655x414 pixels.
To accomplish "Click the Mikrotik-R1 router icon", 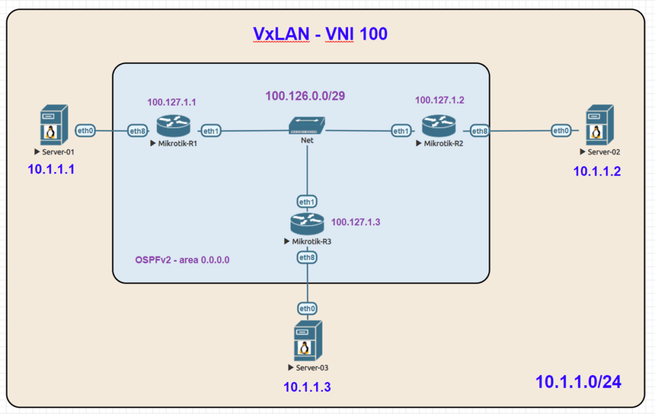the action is point(173,126).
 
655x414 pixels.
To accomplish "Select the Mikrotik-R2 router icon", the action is point(439,126).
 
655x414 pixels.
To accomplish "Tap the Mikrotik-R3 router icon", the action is point(307,224).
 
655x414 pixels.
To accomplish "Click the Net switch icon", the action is point(307,125).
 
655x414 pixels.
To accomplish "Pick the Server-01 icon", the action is point(54,125).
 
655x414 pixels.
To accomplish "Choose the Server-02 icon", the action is point(600,125).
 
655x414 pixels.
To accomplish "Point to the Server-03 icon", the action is point(308,340).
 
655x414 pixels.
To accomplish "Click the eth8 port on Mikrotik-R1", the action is point(138,131).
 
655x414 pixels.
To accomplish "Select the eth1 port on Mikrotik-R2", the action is point(401,131).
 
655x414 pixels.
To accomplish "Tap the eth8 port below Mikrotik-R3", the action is point(307,257).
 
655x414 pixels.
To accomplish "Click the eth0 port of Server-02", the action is point(561,131).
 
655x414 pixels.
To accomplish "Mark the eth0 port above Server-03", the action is point(307,308).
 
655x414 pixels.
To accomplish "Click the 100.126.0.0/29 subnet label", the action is point(305,96).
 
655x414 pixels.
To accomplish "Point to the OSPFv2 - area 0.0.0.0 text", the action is point(182,260).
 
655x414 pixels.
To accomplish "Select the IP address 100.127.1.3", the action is point(356,222).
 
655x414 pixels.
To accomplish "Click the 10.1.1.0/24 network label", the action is point(578,382).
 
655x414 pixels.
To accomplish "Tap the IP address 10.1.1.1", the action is point(51,169).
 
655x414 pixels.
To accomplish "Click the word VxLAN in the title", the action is point(281,34).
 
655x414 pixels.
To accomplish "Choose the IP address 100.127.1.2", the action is point(439,100).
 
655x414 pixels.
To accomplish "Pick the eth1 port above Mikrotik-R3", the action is point(307,202).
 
